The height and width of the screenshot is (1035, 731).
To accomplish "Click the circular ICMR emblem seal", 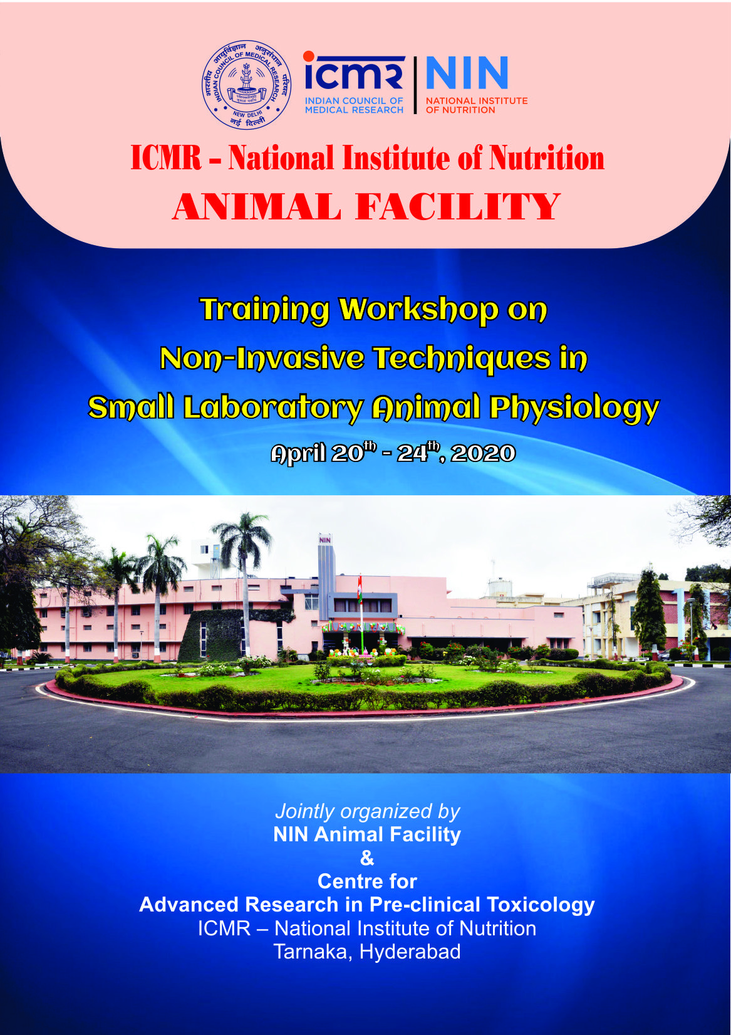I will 246,85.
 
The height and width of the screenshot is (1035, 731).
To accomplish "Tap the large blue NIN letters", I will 467,74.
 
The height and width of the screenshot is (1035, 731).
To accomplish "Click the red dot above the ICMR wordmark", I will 309,56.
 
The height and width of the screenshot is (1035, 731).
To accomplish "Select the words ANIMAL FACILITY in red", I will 366,207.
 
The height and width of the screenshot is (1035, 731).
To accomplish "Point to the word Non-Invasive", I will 262,359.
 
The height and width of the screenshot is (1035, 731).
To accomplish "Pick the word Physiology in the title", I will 574,408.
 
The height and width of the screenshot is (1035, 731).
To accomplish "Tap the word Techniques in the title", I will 462,359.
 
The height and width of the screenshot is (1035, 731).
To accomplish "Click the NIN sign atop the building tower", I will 324,540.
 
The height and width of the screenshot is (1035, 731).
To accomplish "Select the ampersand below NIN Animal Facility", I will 367,858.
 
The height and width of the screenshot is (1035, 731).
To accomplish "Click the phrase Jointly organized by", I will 367,811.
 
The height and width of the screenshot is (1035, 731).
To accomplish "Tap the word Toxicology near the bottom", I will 540,905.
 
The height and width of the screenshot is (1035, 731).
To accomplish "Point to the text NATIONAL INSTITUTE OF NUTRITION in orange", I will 476,105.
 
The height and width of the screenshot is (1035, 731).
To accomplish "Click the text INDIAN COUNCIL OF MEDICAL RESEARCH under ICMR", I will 354,105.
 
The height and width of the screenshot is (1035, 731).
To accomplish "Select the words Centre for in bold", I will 367,881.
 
